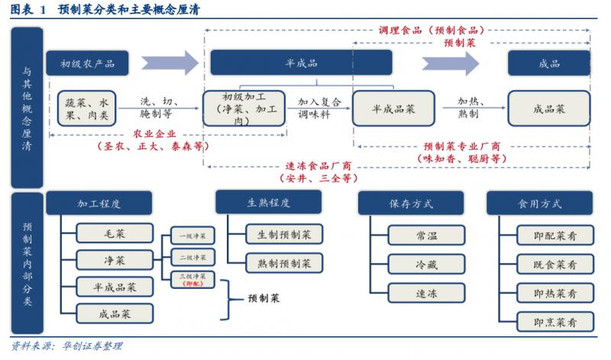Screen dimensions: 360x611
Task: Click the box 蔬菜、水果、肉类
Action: click(85, 108)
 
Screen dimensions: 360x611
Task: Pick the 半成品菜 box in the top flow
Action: click(393, 108)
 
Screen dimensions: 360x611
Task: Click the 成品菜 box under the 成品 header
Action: click(548, 108)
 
